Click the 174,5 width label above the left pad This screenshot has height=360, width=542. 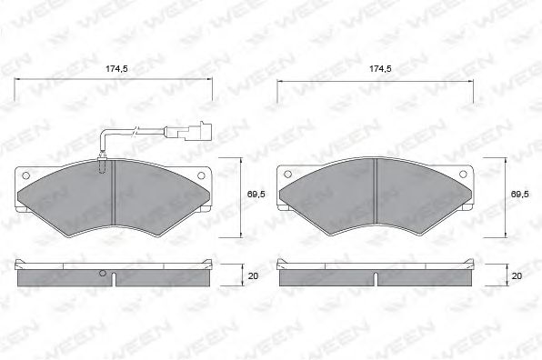click(114, 68)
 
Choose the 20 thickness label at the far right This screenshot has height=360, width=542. click(517, 275)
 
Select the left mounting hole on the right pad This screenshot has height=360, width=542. click(289, 175)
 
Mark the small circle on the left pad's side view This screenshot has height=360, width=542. click(103, 275)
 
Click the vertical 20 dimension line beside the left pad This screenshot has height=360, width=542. click(239, 275)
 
